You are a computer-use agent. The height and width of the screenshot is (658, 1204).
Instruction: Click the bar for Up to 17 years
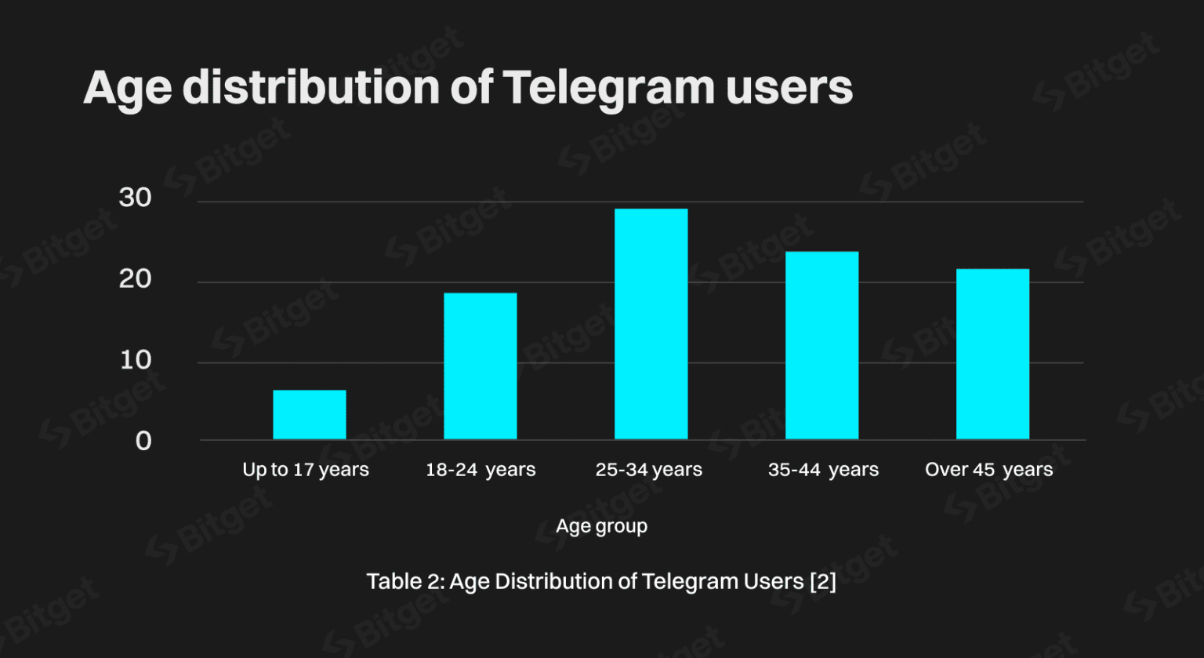(309, 414)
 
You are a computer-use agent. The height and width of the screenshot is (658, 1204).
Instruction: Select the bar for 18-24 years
(480, 365)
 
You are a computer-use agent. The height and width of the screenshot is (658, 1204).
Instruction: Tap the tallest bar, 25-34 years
(651, 323)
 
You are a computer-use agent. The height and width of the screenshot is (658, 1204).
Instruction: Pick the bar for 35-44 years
(821, 345)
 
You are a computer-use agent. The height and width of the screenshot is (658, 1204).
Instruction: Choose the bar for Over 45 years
(992, 354)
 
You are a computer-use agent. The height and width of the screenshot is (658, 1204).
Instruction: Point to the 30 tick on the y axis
(135, 198)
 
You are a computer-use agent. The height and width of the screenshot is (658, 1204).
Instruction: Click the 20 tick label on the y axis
(135, 278)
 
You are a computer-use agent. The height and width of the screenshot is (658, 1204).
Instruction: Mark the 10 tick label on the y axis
(135, 360)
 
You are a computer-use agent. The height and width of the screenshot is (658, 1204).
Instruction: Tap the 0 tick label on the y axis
(143, 441)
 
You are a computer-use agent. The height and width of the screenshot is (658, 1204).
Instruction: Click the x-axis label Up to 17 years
(306, 470)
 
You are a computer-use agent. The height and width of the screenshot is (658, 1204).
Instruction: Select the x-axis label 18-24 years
(481, 470)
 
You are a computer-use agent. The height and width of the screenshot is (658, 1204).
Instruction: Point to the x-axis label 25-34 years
(648, 470)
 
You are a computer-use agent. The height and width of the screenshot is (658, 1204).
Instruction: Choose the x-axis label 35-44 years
(823, 470)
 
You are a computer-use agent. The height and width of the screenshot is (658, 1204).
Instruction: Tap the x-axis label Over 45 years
(988, 470)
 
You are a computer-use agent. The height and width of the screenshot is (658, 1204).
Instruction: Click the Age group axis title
(601, 525)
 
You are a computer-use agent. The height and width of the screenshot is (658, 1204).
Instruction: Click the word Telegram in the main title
(608, 88)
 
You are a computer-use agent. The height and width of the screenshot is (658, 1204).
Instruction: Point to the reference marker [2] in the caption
(822, 582)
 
